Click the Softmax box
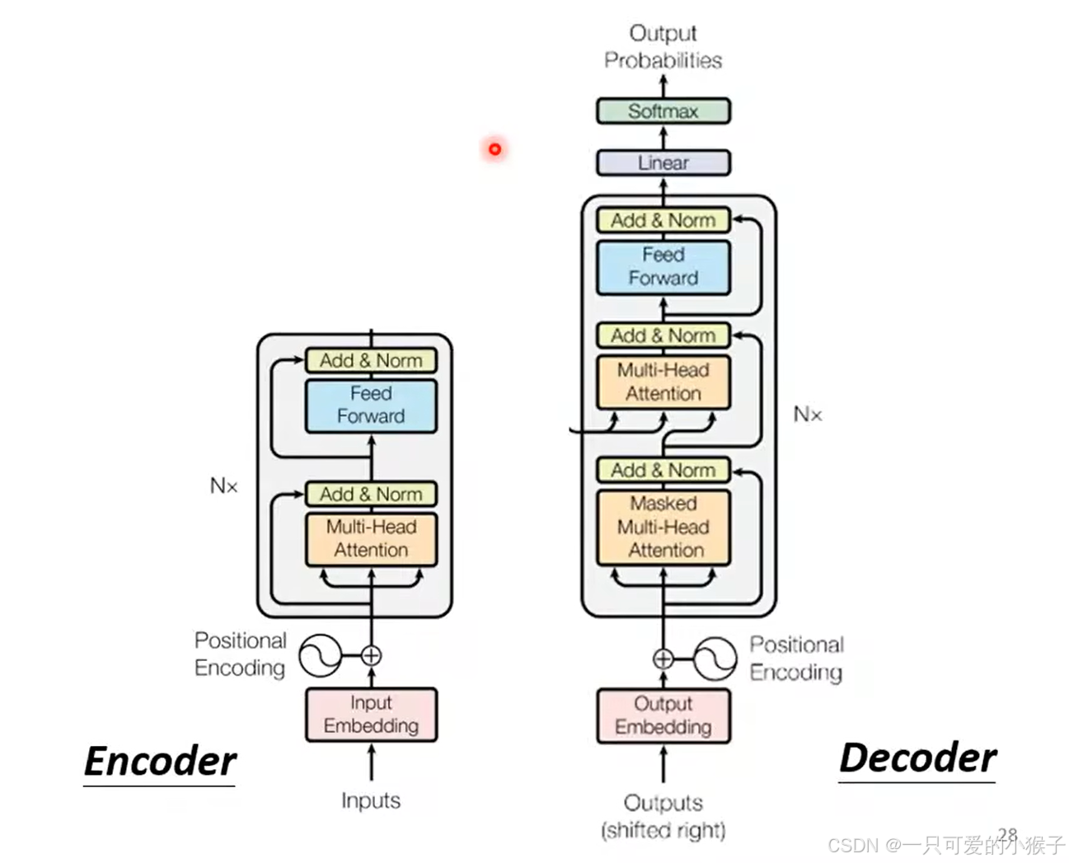(663, 111)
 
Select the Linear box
(663, 162)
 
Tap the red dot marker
(495, 149)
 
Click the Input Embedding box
(371, 715)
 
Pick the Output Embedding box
(663, 715)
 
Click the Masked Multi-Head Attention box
(663, 528)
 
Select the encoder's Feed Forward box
(371, 406)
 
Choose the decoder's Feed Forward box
(663, 267)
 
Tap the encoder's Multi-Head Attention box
(371, 539)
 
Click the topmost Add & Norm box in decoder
(663, 221)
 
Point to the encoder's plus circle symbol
(371, 656)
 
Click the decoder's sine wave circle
(715, 659)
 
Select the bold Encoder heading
(161, 761)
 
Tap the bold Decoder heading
(917, 757)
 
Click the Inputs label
(371, 800)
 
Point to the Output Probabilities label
(663, 47)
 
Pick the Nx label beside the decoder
(808, 415)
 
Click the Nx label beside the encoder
(224, 486)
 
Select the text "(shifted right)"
(663, 830)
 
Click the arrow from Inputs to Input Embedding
(371, 762)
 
